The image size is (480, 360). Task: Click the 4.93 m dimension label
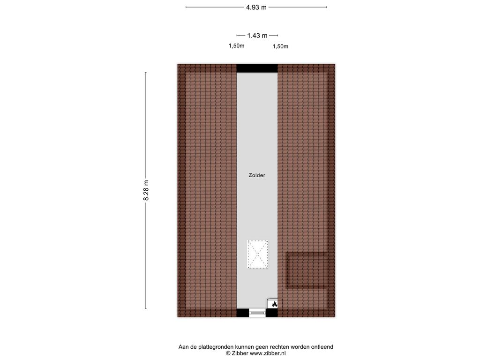click(x=256, y=7)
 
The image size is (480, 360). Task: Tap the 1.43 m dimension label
click(x=257, y=35)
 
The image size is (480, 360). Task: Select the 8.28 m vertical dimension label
click(x=146, y=191)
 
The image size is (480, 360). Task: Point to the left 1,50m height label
click(x=236, y=46)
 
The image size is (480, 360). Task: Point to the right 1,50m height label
click(x=280, y=46)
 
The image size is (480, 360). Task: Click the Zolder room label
click(x=257, y=175)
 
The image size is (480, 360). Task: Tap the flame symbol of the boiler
click(x=274, y=304)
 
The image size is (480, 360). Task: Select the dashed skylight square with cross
click(x=257, y=255)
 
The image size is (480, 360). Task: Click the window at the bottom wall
click(x=257, y=313)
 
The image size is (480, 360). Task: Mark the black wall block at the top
click(x=257, y=68)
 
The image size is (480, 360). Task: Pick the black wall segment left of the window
click(x=242, y=313)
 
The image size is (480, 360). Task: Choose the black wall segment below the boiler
click(x=272, y=313)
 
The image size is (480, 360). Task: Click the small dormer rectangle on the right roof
click(x=307, y=270)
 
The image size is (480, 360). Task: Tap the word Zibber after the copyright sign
click(x=241, y=353)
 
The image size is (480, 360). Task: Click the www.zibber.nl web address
click(x=268, y=353)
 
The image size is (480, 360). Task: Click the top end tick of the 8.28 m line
click(x=146, y=73)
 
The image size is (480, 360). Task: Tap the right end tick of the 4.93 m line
click(x=326, y=7)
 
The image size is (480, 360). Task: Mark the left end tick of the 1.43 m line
click(x=237, y=35)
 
